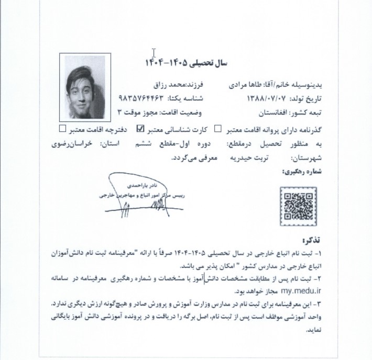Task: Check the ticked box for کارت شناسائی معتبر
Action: (x=140, y=128)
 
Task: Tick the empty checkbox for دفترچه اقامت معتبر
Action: (x=63, y=127)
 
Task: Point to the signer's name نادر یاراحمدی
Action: (x=140, y=185)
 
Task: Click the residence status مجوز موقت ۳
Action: (x=144, y=113)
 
